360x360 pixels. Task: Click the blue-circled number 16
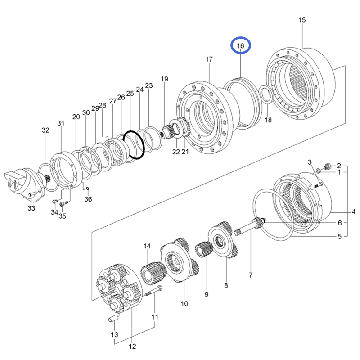[240, 46]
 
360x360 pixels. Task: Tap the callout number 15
[301, 20]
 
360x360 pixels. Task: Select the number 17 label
[209, 59]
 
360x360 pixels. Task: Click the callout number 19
[164, 79]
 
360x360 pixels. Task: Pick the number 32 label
[45, 130]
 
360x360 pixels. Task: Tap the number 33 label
[31, 208]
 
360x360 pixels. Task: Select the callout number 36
[88, 199]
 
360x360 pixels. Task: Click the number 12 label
[132, 346]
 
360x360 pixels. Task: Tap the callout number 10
[184, 303]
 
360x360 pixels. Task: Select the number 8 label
[226, 285]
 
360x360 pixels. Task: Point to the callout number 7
[251, 274]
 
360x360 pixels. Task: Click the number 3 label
[310, 162]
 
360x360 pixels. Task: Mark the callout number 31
[61, 123]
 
